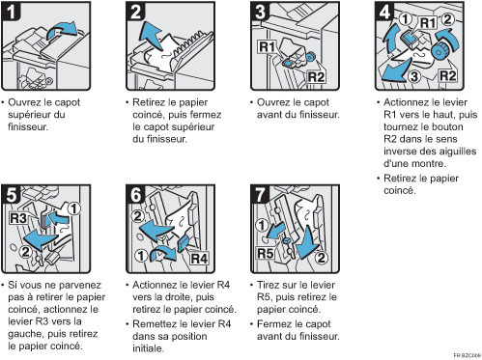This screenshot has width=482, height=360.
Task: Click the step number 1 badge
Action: click(12, 11)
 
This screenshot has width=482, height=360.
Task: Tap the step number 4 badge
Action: click(384, 11)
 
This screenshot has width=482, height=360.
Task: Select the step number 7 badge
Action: click(260, 194)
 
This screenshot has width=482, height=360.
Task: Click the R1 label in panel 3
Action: click(267, 47)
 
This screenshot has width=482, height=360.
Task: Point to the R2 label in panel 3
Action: click(316, 77)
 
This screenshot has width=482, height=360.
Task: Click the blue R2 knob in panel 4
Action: click(438, 50)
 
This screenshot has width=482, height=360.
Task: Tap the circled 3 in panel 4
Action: click(414, 76)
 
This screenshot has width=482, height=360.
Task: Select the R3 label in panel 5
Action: click(18, 218)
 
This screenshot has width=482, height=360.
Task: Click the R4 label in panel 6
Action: click(199, 259)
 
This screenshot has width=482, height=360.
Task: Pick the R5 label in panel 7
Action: click(266, 253)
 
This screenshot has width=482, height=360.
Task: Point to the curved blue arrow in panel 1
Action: click(61, 30)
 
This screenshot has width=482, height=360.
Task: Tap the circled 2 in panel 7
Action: click(321, 258)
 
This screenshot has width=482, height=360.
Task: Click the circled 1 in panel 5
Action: click(74, 208)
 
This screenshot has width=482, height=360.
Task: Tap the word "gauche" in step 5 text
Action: click(26, 335)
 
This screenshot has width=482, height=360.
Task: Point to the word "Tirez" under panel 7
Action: click(270, 285)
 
